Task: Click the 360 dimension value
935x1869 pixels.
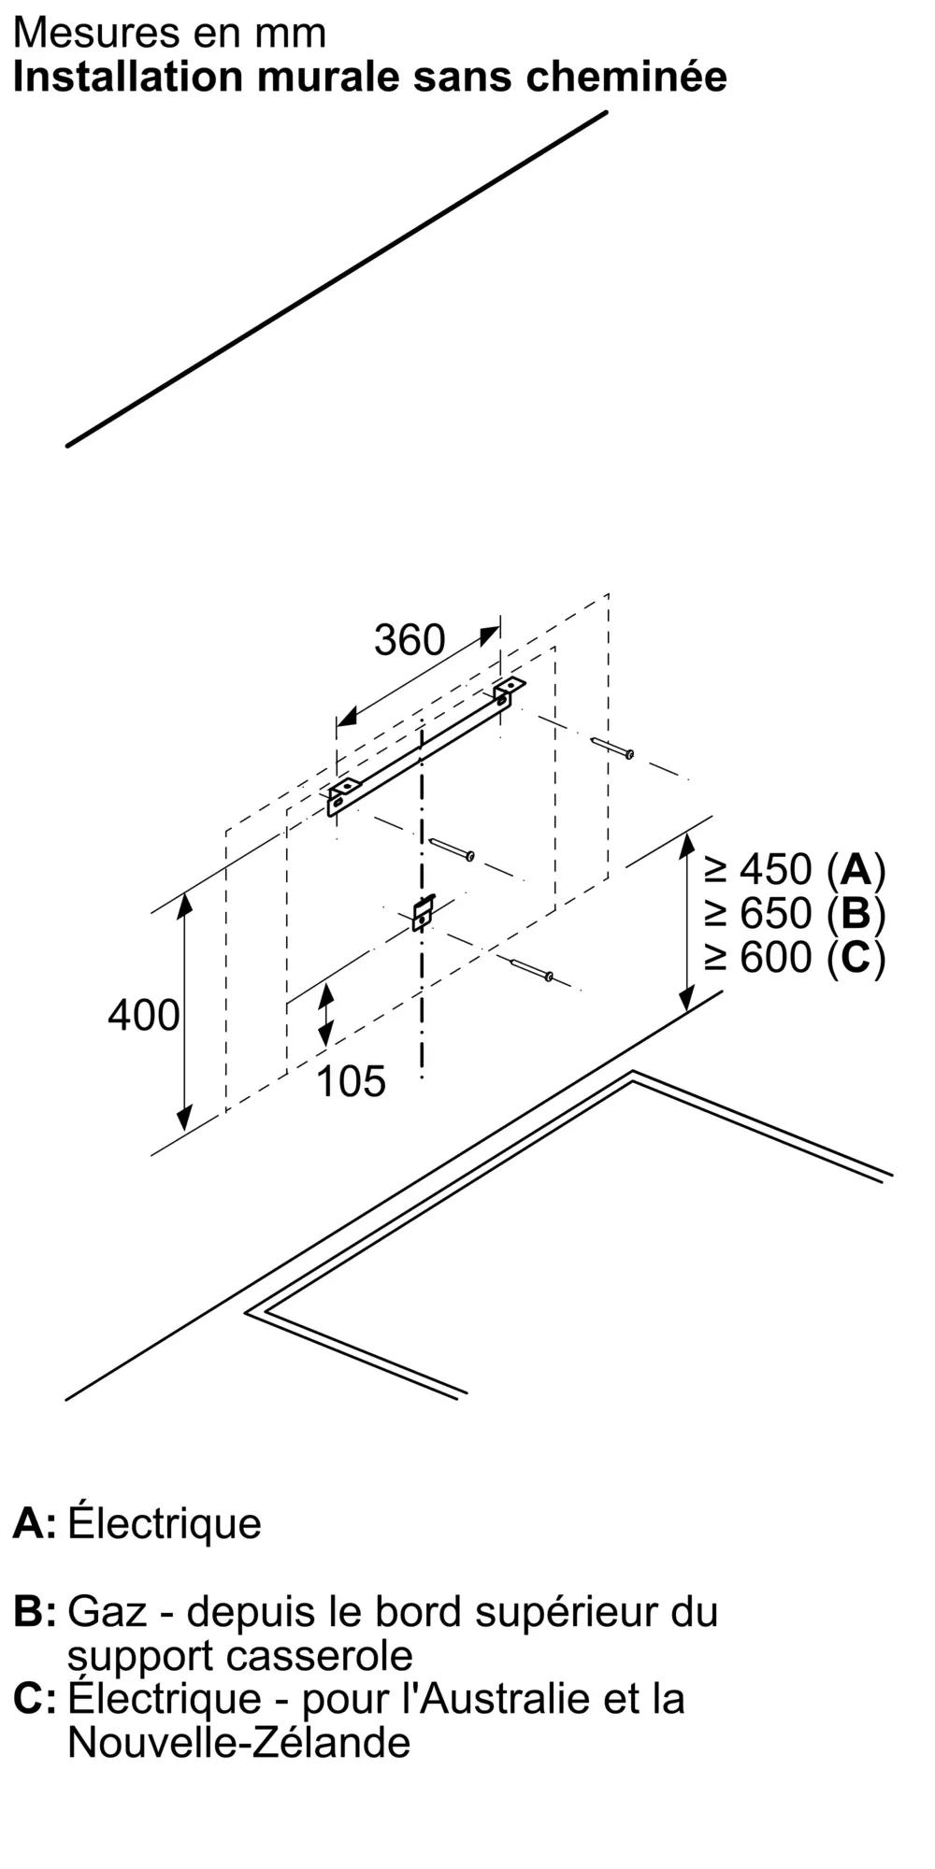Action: click(409, 640)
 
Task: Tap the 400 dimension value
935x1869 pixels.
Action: click(143, 1015)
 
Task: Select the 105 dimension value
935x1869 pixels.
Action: click(351, 1081)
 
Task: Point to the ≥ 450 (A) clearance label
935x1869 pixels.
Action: click(795, 870)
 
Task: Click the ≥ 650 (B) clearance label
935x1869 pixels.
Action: click(795, 913)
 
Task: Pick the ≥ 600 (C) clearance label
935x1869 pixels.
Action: click(795, 957)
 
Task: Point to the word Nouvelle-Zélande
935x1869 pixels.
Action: click(238, 1742)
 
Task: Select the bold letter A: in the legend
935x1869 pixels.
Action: click(34, 1523)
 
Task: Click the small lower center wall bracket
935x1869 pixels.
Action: click(423, 912)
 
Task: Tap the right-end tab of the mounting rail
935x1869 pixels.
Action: click(510, 690)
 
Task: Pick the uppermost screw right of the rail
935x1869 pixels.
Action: click(613, 748)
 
